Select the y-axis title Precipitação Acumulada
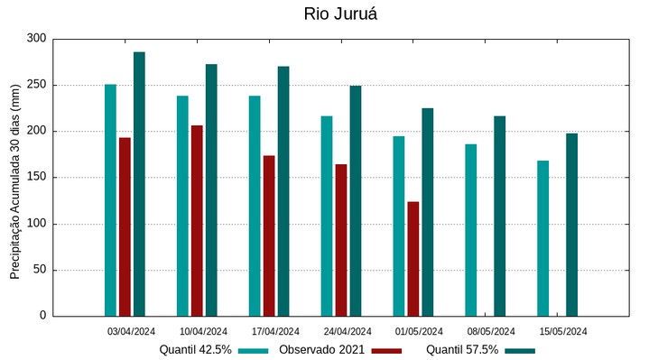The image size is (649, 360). point(14,178)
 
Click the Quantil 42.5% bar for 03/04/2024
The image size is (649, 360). point(110,200)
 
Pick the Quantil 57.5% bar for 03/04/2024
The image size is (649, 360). point(139,184)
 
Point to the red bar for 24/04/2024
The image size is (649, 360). point(340,240)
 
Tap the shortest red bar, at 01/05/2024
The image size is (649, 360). point(413,259)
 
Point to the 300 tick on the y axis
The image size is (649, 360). point(36,39)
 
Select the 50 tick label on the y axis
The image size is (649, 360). point(39,270)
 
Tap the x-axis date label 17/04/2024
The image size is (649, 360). point(275,331)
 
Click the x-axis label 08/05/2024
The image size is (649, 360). point(491,331)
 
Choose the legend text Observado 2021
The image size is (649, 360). point(321,350)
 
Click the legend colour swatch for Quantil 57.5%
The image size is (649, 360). point(520,350)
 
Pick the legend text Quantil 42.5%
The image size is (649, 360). point(196,350)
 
